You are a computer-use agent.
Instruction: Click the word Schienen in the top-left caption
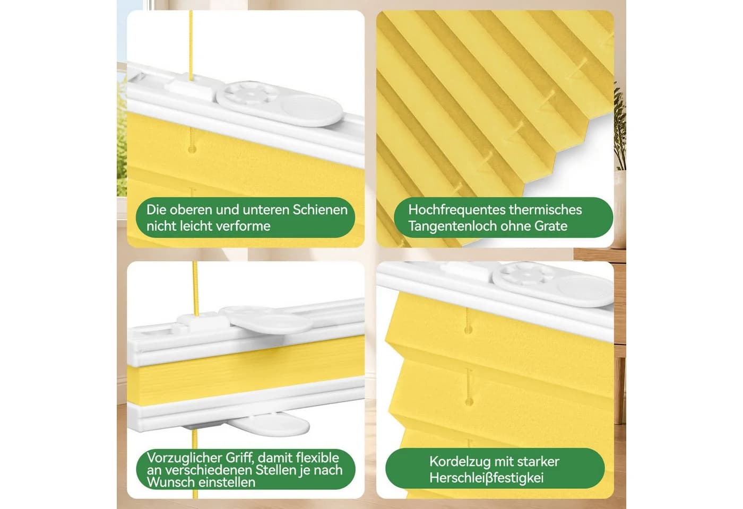tap(320, 210)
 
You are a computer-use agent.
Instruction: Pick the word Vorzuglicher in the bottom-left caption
tap(184, 458)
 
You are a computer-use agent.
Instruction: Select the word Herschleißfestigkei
tap(486, 478)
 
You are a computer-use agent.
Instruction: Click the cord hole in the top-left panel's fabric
tap(192, 150)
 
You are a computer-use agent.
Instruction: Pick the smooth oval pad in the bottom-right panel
tap(585, 291)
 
